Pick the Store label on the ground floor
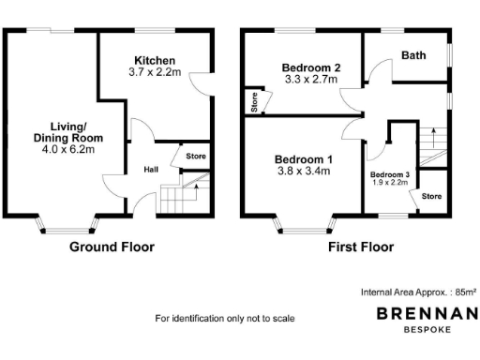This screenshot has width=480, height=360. click(x=195, y=157)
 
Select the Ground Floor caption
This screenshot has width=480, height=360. click(x=112, y=247)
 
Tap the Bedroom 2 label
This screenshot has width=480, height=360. click(x=310, y=67)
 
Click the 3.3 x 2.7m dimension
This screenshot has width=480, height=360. click(x=310, y=81)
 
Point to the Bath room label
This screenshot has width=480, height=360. click(x=413, y=55)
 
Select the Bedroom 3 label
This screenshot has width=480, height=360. click(x=389, y=175)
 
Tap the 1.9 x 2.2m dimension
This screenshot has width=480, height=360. click(x=389, y=185)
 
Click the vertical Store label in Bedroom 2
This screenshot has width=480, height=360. click(x=254, y=102)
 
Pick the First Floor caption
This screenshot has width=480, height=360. click(x=361, y=247)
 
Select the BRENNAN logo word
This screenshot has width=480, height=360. click(x=427, y=315)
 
